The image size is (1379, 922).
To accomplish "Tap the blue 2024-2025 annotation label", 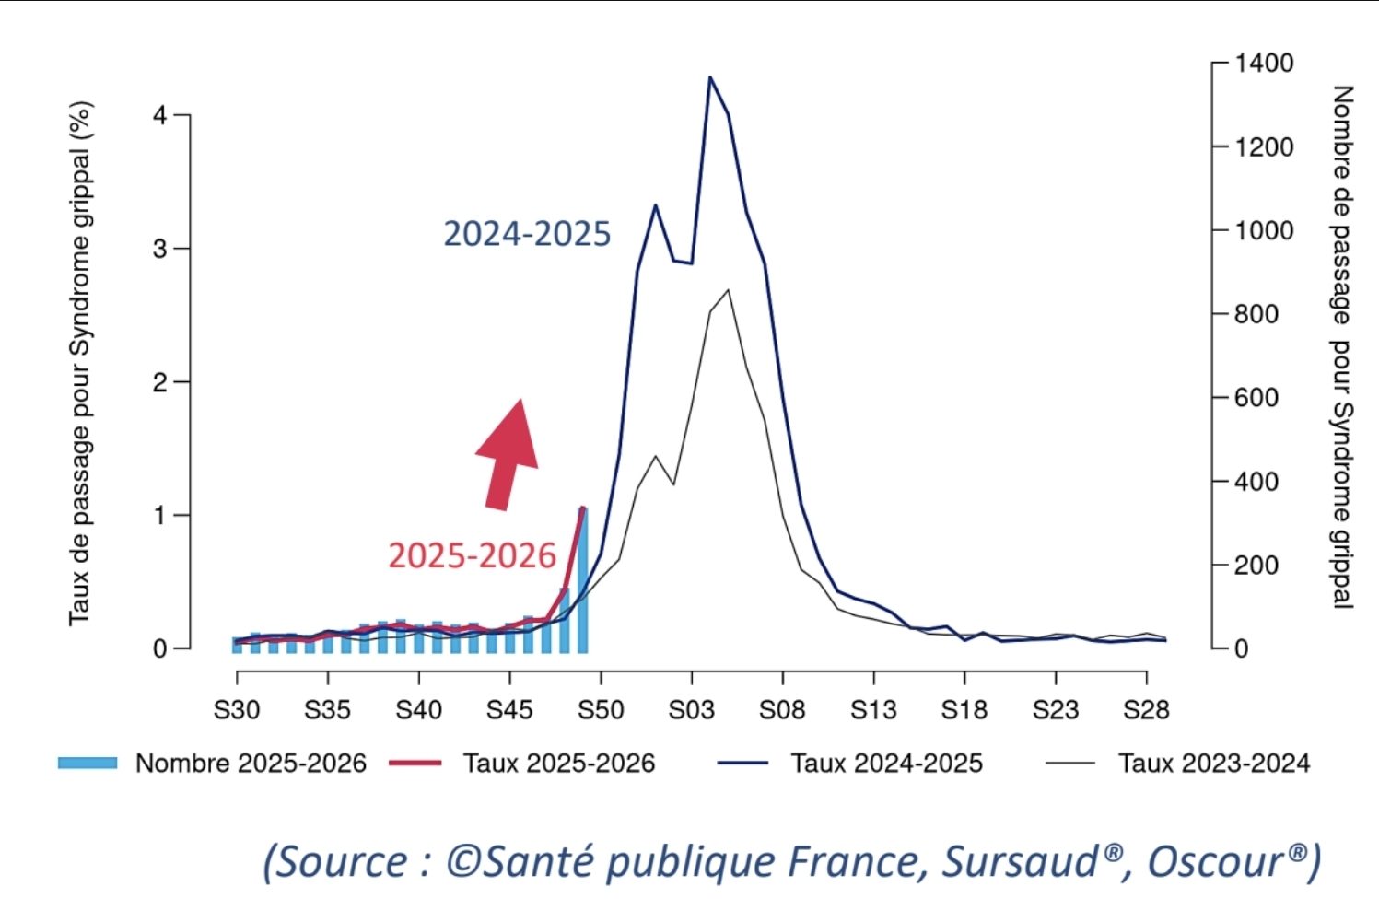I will pos(527,234).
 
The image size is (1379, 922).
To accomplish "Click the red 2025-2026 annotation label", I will pos(472,556).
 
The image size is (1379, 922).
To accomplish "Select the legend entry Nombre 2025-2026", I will pos(250,764).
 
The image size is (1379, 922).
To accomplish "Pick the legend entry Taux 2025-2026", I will pos(558,764).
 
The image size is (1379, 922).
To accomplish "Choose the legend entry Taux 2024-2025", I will pos(885,764).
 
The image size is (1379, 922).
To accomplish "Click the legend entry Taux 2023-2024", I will pos(1213,764).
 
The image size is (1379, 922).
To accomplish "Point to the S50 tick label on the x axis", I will pos(601,710).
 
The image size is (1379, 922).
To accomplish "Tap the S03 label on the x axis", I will pos(691,710).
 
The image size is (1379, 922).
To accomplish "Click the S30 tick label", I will pos(237,710).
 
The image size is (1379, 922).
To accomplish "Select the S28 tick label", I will pos(1146,710).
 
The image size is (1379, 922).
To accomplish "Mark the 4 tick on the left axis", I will pos(160,116).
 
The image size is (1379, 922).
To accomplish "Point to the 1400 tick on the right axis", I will pos(1264,64).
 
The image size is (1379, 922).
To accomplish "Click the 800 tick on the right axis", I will pos(1256,314).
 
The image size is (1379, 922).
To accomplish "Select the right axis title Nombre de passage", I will pos(1342,347).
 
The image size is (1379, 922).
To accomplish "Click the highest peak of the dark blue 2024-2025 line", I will pos(709,77).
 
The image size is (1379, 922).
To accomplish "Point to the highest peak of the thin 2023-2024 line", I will pos(729,290).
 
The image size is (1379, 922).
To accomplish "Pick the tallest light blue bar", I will pos(582,580).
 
